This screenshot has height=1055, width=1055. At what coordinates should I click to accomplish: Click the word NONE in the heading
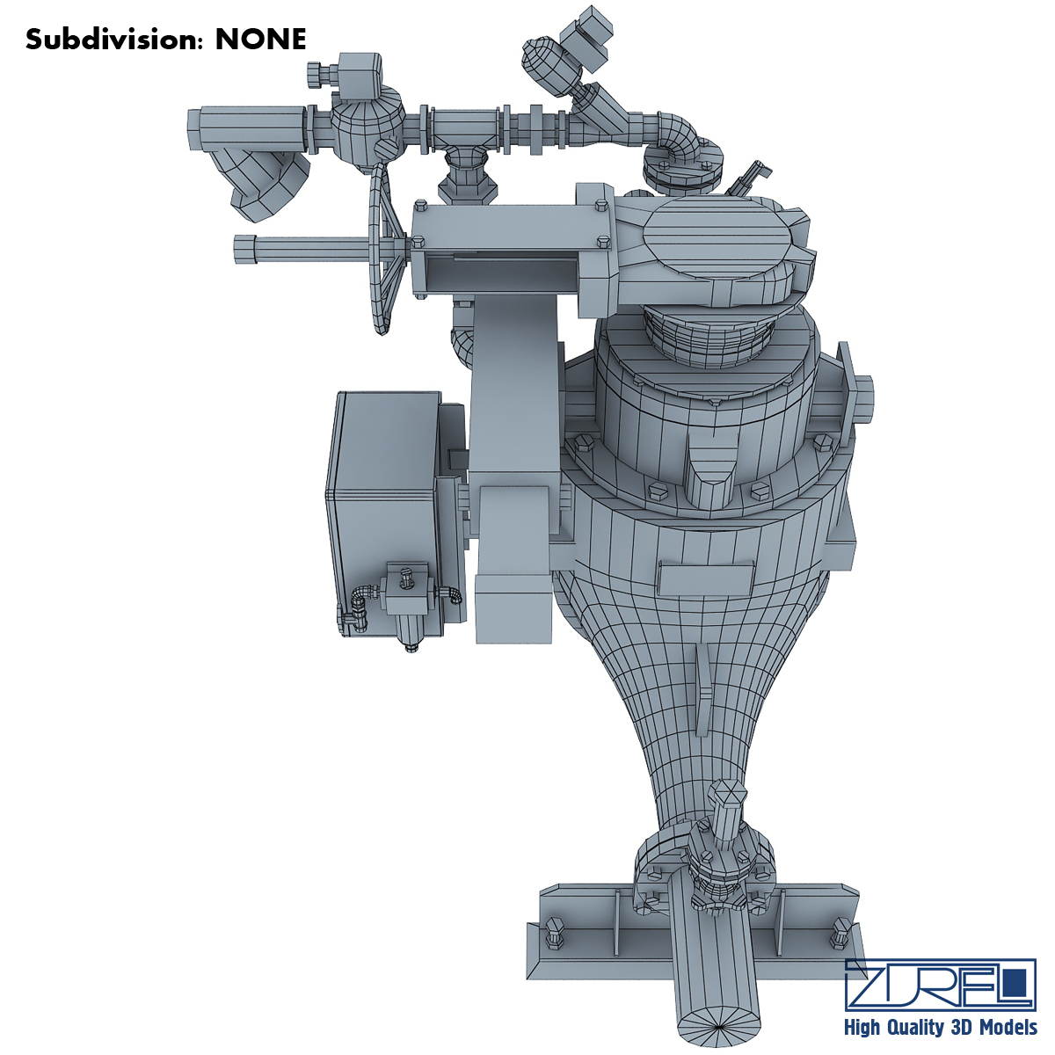coord(260,40)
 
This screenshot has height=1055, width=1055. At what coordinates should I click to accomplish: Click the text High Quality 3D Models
coord(941,1026)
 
